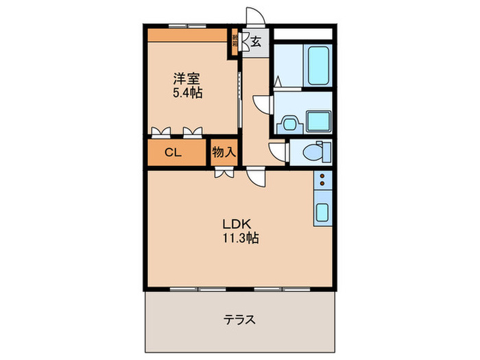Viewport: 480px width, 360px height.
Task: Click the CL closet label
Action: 173,153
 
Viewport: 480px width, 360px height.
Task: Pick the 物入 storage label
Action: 224,152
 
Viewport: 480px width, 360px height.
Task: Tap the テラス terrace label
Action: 239,319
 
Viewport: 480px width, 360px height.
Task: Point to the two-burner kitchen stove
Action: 322,180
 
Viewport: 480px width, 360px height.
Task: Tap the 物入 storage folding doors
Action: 224,174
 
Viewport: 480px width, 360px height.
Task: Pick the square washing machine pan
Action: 319,123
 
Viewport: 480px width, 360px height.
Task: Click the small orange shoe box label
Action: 236,42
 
